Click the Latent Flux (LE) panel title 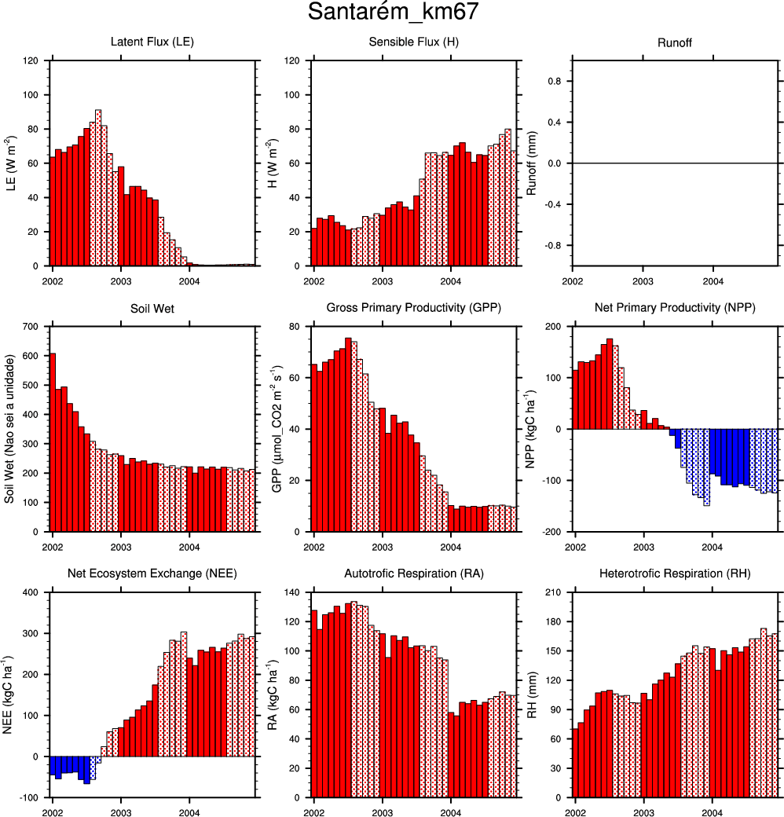pyautogui.click(x=152, y=41)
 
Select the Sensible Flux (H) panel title pyautogui.click(x=413, y=41)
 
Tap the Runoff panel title pyautogui.click(x=675, y=41)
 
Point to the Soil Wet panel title pyautogui.click(x=152, y=308)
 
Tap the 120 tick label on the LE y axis pyautogui.click(x=32, y=60)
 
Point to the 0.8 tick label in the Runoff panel pyautogui.click(x=555, y=81)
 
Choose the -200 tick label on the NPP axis pyautogui.click(x=553, y=532)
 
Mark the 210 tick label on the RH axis pyautogui.click(x=555, y=592)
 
